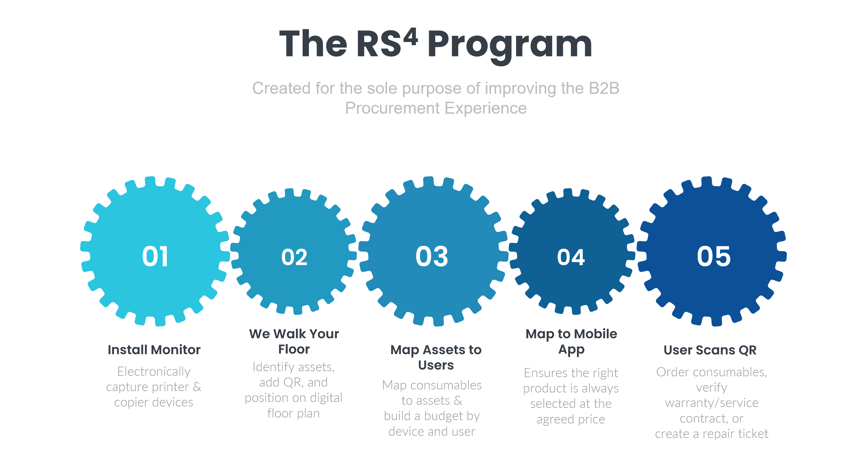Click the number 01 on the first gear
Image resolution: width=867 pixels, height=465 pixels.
point(155,257)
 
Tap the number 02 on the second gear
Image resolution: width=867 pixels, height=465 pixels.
point(294,257)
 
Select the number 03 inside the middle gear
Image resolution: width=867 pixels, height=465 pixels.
point(432,256)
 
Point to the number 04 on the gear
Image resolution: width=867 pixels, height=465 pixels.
point(571,257)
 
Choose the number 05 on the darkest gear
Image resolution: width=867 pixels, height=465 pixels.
point(714,256)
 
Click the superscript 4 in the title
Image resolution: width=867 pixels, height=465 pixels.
point(411,37)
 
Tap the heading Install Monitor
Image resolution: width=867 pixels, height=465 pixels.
point(154,350)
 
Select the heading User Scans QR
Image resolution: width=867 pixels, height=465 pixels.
point(710,350)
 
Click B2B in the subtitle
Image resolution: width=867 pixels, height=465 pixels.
point(604,88)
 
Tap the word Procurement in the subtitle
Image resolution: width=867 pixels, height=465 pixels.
point(392,108)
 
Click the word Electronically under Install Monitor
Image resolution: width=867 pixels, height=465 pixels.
point(154,371)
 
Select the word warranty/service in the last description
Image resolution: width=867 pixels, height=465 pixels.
point(712,403)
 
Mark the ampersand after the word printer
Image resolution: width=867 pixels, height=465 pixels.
point(197,387)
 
